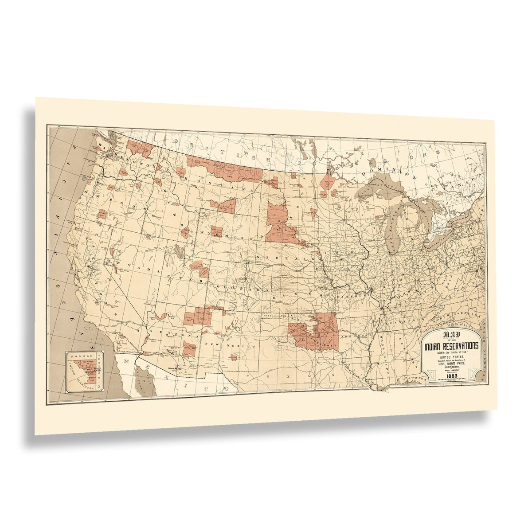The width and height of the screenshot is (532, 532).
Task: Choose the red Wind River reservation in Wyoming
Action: (x=216, y=231)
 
